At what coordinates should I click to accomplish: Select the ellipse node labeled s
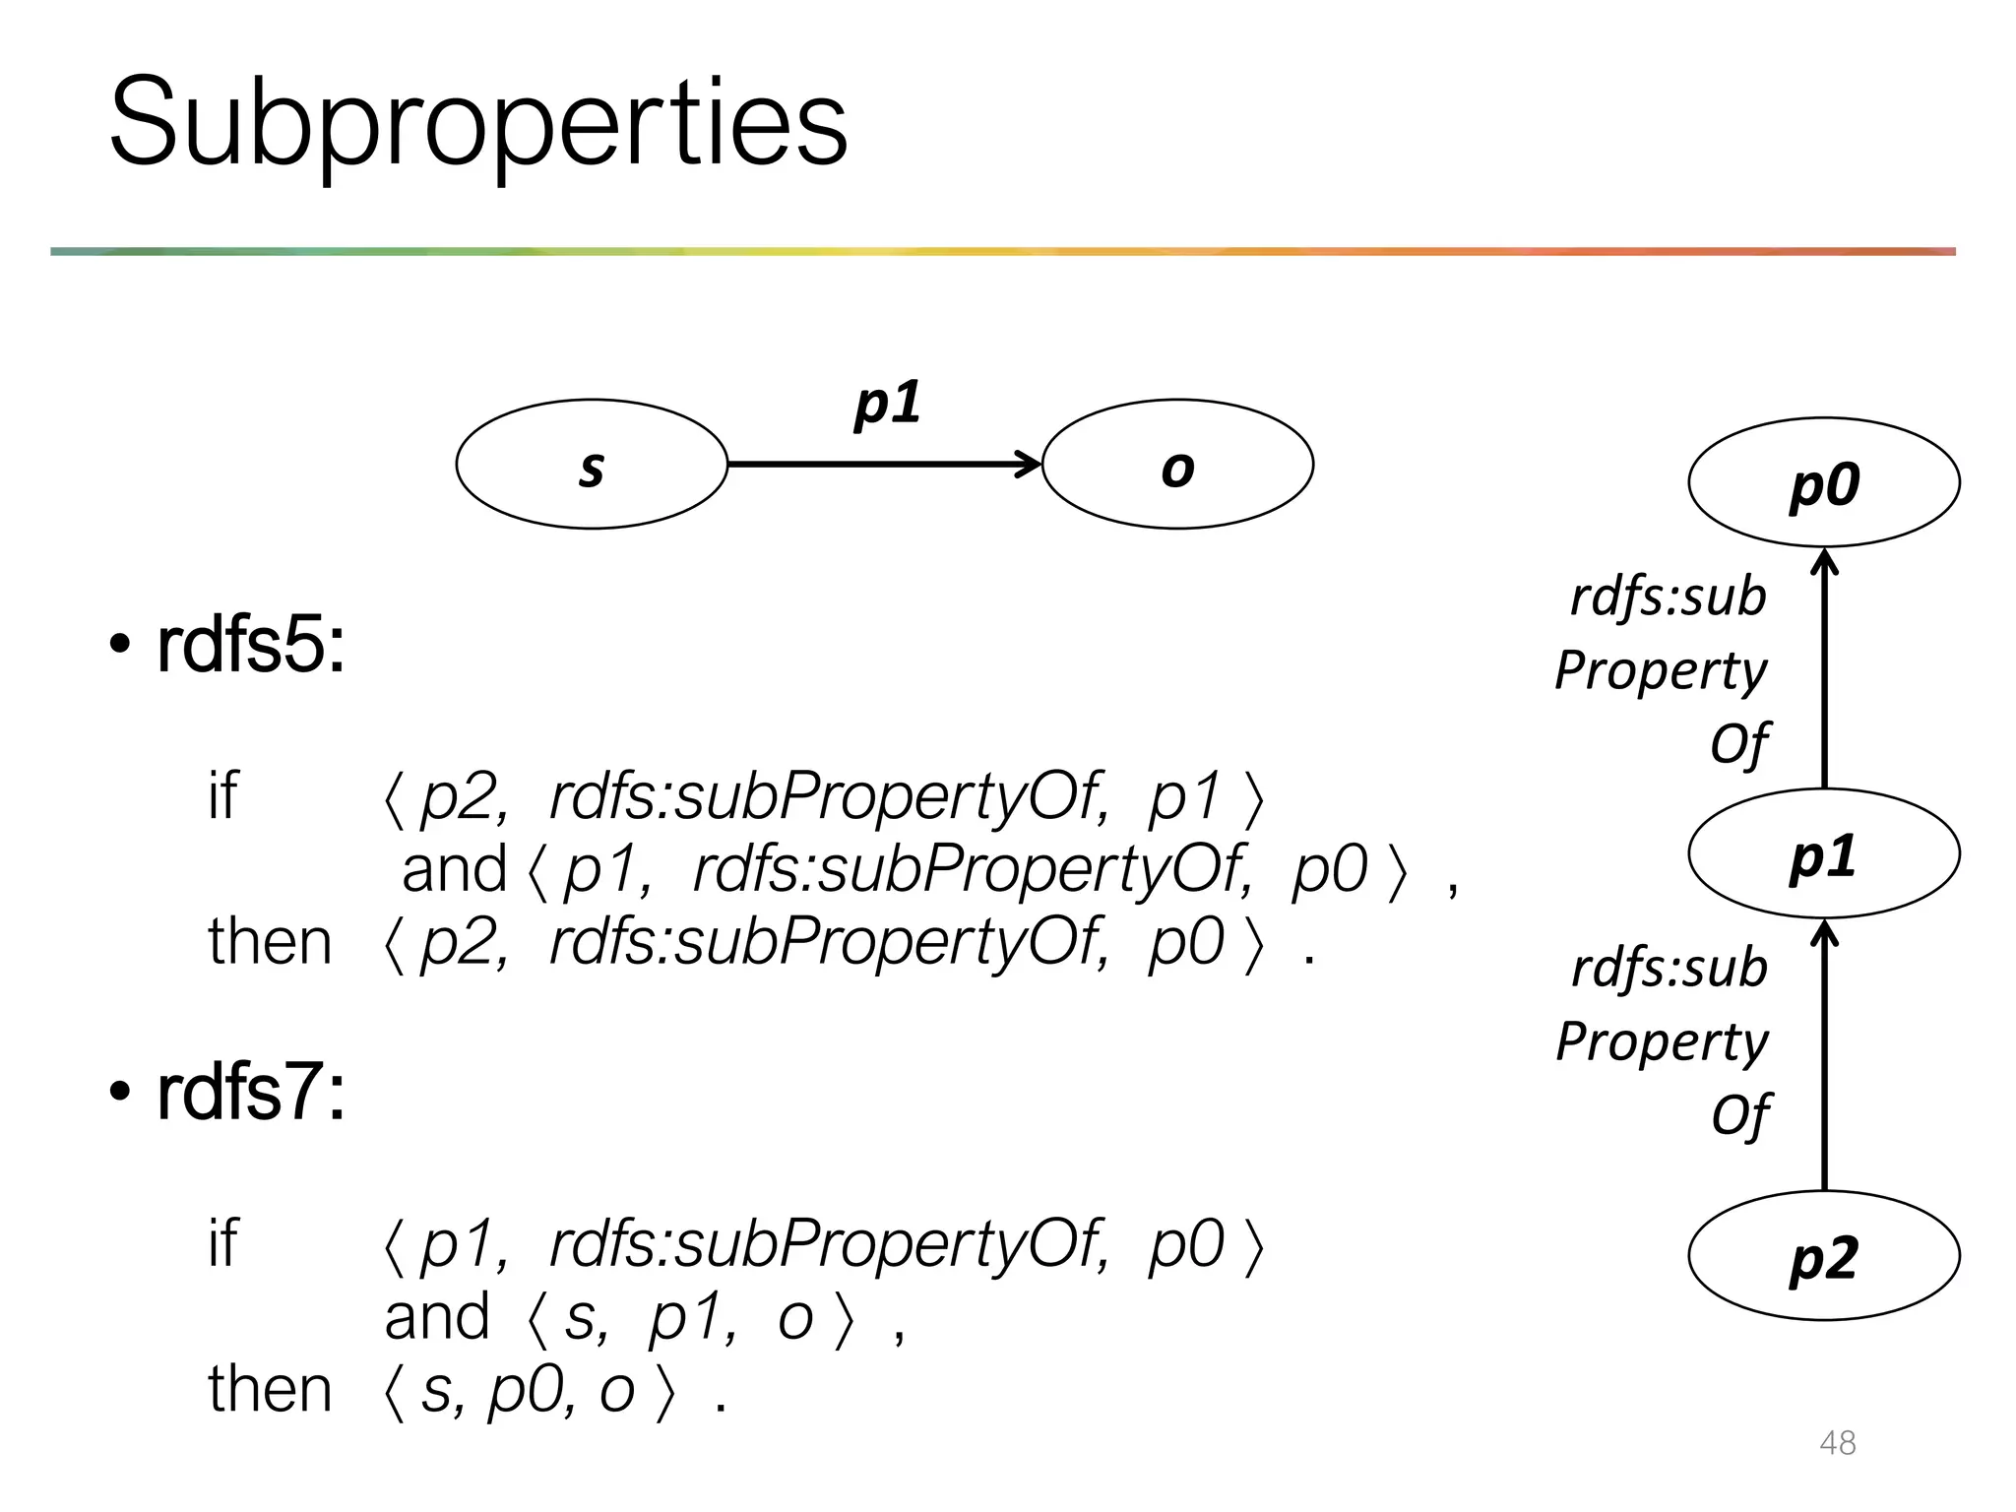click(591, 465)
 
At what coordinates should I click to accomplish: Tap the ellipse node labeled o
click(1177, 465)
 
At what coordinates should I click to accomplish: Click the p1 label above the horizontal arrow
click(887, 404)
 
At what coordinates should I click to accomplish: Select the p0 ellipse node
click(1823, 482)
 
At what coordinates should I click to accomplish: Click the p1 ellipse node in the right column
click(1823, 853)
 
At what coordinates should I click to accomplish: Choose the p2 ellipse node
click(1823, 1255)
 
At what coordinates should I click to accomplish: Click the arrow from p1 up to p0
click(1824, 679)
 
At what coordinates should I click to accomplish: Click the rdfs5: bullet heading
click(250, 647)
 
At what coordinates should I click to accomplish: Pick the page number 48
click(1837, 1443)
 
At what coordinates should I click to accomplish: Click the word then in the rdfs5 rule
click(270, 942)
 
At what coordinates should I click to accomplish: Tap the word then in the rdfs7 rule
click(270, 1389)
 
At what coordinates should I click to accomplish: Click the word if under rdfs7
click(222, 1242)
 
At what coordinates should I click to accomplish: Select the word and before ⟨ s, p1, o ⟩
click(436, 1317)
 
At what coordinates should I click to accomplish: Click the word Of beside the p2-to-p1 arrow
click(1739, 1116)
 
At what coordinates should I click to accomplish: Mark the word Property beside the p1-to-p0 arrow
click(1662, 671)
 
